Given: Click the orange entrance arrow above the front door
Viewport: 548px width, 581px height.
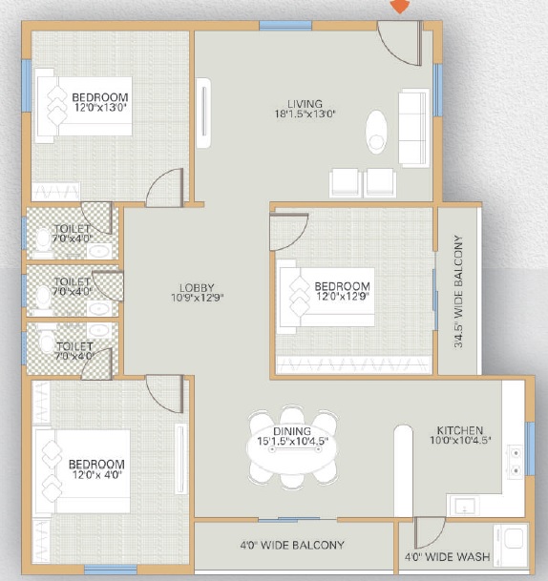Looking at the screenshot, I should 401,6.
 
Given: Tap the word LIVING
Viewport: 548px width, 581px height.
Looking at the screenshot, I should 307,103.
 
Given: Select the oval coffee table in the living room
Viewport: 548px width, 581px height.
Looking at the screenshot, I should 377,133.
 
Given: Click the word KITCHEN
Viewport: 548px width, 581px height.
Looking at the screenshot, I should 459,430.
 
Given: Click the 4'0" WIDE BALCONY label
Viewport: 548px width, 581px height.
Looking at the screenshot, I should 292,546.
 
